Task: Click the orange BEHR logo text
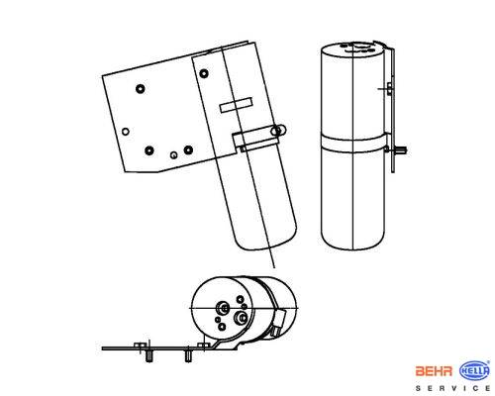pyautogui.click(x=434, y=371)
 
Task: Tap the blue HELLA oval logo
pyautogui.click(x=474, y=370)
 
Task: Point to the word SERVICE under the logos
pyautogui.click(x=452, y=388)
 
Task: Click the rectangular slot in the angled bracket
pyautogui.click(x=236, y=105)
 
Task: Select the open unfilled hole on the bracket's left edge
pyautogui.click(x=126, y=132)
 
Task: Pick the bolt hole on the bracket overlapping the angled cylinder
pyautogui.click(x=204, y=73)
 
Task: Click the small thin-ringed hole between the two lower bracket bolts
pyautogui.click(x=173, y=154)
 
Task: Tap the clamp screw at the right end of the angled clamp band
pyautogui.click(x=278, y=131)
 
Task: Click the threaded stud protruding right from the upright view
pyautogui.click(x=400, y=150)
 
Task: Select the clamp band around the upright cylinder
pyautogui.click(x=353, y=143)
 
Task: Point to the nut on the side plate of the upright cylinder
pyautogui.click(x=389, y=89)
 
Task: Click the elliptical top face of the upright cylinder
pyautogui.click(x=353, y=49)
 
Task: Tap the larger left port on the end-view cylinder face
pyautogui.click(x=222, y=308)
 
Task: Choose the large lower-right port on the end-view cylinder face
pyautogui.click(x=240, y=318)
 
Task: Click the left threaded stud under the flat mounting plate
pyautogui.click(x=149, y=356)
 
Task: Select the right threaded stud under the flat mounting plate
pyautogui.click(x=188, y=356)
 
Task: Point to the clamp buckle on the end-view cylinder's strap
pyautogui.click(x=279, y=323)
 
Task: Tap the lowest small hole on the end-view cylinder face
pyautogui.click(x=222, y=327)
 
